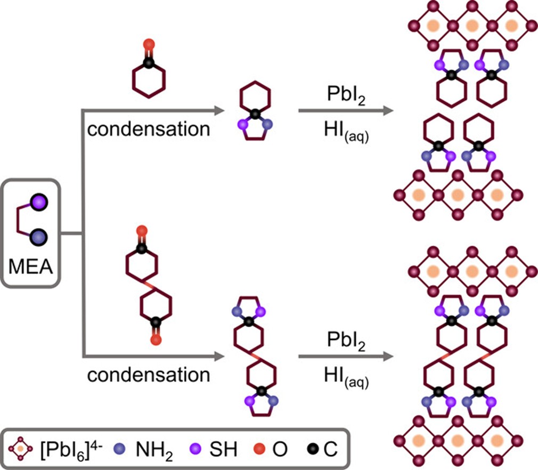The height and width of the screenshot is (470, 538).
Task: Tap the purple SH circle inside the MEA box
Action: (x=38, y=202)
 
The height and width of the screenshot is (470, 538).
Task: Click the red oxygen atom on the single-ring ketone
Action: (x=149, y=44)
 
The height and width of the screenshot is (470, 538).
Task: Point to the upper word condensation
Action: (x=149, y=129)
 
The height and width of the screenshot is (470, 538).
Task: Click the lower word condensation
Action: (x=149, y=375)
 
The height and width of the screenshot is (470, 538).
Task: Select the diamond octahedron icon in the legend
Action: (x=20, y=450)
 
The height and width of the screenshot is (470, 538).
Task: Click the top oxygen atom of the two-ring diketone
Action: (x=141, y=230)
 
